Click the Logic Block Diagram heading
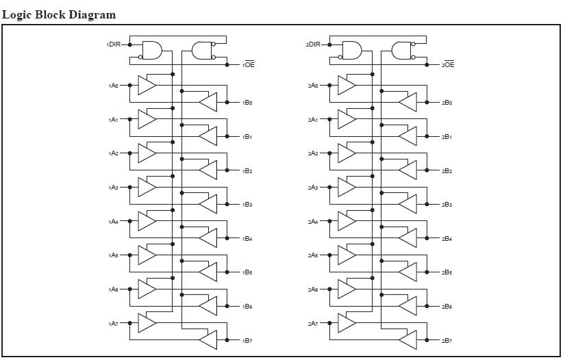pyautogui.click(x=59, y=14)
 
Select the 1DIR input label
pyautogui.click(x=113, y=44)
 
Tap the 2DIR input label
pyautogui.click(x=313, y=44)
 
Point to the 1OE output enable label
pyautogui.click(x=249, y=65)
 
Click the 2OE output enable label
pyautogui.click(x=448, y=65)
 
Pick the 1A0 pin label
pyautogui.click(x=113, y=86)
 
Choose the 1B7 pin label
pyautogui.click(x=248, y=340)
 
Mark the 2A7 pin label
pyautogui.click(x=313, y=323)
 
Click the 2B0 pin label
pyautogui.click(x=447, y=103)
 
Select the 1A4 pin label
pyautogui.click(x=113, y=222)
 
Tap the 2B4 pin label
pyautogui.click(x=447, y=238)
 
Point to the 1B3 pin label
pyautogui.click(x=248, y=205)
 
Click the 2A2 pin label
pyautogui.click(x=313, y=153)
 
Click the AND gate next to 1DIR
pyautogui.click(x=152, y=50)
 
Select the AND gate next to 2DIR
pyautogui.click(x=351, y=50)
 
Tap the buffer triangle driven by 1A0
pyautogui.click(x=147, y=85)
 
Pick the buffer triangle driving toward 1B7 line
pyautogui.click(x=208, y=339)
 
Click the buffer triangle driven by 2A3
pyautogui.click(x=346, y=187)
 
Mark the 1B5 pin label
pyautogui.click(x=248, y=272)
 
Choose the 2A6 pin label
pyautogui.click(x=313, y=290)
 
